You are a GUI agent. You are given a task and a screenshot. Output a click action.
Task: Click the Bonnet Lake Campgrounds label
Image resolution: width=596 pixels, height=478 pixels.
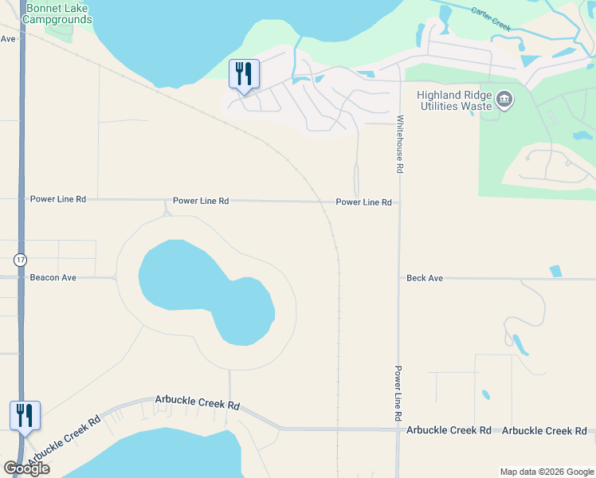point(58,14)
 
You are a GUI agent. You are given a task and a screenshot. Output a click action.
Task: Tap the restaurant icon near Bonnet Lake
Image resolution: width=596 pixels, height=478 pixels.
point(244,74)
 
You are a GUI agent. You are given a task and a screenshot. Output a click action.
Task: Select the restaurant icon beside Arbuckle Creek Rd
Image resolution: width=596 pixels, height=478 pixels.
point(25,416)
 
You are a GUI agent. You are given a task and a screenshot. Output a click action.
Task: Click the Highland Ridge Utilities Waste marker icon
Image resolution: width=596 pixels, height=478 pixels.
point(504,100)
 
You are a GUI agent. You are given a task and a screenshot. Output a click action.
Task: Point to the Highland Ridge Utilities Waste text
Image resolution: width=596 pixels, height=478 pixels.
point(453,100)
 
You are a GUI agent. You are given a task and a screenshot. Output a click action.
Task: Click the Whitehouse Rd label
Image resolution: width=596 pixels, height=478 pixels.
point(400,144)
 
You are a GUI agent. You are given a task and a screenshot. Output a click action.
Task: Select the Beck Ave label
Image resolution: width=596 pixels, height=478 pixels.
point(424,278)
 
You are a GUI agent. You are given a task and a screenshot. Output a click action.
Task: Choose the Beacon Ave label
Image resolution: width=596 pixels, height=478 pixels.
point(53,278)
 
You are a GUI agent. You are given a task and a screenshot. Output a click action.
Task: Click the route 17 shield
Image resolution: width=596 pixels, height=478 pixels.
point(19,260)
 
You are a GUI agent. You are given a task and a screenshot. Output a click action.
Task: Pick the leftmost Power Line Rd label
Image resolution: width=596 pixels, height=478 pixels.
point(57,199)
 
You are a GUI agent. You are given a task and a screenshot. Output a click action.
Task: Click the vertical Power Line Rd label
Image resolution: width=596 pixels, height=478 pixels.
point(397,394)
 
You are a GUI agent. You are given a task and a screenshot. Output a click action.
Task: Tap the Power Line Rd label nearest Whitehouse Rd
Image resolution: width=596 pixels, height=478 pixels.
point(363,202)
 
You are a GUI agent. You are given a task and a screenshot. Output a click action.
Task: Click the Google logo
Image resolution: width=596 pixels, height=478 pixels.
point(26,468)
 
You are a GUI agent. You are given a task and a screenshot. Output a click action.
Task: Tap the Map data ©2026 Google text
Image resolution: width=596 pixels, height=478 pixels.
point(546,472)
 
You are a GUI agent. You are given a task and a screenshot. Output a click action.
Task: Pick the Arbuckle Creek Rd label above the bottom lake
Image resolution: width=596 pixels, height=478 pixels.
point(198,404)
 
